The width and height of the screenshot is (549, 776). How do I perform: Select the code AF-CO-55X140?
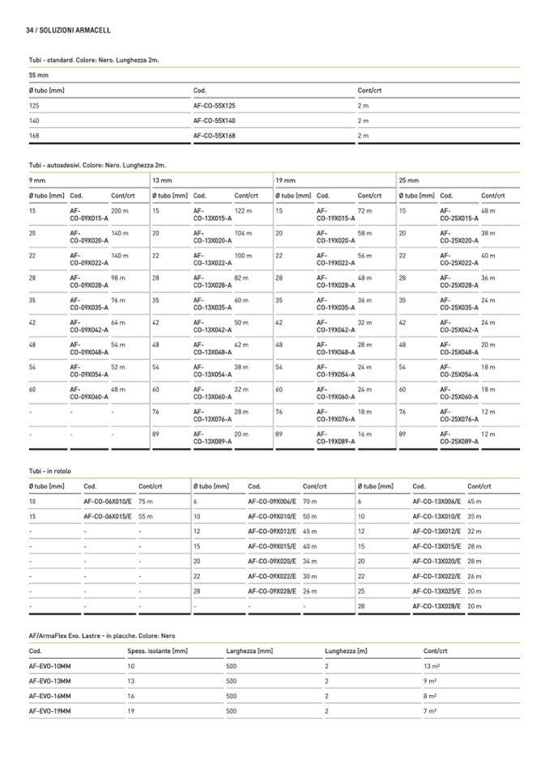(215, 121)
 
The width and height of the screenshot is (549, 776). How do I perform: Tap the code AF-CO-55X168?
(215, 136)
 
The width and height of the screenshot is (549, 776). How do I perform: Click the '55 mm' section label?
(39, 74)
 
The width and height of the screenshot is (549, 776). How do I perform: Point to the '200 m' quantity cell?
(120, 210)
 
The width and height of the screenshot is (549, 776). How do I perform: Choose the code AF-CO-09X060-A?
(89, 393)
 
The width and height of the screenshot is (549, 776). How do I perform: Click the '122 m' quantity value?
(243, 210)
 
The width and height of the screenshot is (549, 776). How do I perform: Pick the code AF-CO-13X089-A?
(212, 438)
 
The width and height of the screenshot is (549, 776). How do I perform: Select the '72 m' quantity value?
(364, 210)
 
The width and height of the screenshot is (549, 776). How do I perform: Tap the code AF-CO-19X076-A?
(335, 416)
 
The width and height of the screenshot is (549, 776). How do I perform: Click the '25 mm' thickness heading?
(409, 180)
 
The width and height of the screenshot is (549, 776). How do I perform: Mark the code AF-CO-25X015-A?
(459, 214)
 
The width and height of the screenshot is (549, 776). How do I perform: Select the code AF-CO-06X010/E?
(108, 502)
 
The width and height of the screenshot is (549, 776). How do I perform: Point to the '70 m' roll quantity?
(309, 502)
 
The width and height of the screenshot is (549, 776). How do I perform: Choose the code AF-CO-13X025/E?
(436, 592)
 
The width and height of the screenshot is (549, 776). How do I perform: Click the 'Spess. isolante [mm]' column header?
(158, 650)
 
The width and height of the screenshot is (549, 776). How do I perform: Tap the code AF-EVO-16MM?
(50, 696)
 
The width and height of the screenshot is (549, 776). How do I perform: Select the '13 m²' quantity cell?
(432, 665)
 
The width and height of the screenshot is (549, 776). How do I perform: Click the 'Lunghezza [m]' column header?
(347, 650)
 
